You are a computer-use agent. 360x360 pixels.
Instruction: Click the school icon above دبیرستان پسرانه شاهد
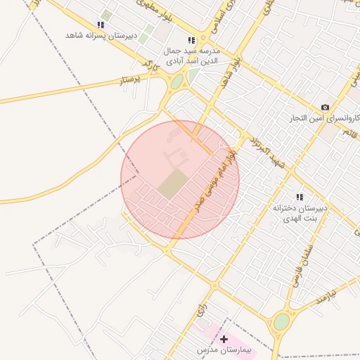101,25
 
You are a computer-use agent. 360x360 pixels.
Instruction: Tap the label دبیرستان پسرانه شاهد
95,34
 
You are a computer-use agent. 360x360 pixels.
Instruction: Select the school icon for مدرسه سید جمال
191,41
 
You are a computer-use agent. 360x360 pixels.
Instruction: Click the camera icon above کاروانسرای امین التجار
325,107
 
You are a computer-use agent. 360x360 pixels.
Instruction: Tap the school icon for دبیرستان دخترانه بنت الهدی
300,198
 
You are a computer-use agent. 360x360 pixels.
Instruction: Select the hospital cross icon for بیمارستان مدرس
224,340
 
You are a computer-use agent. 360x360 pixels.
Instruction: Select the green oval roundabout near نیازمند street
281,322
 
